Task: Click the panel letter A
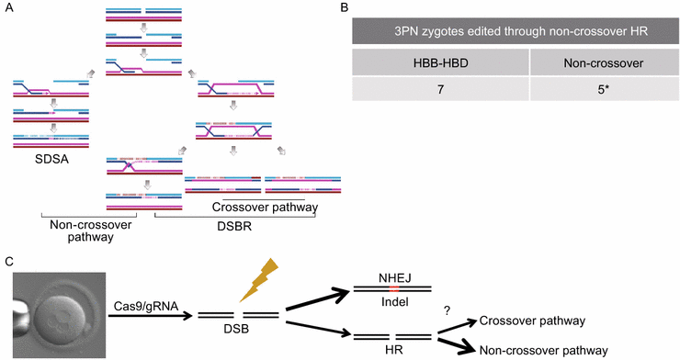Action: [7, 8]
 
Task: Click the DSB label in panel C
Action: [236, 330]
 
